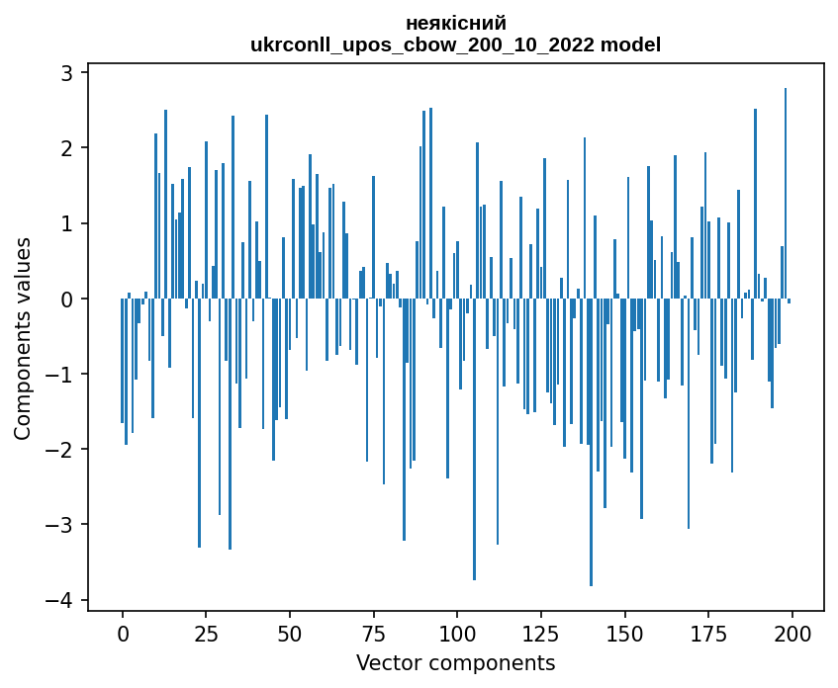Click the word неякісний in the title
click(x=456, y=24)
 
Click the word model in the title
click(x=630, y=44)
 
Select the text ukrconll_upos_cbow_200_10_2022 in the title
click(x=422, y=45)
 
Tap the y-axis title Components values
click(x=23, y=340)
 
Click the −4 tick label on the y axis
click(x=58, y=600)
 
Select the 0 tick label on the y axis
click(x=67, y=300)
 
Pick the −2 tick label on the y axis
click(x=58, y=450)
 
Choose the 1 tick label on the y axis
click(x=67, y=223)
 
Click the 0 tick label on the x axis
click(x=123, y=634)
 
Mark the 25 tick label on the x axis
click(x=207, y=634)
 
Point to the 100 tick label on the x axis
click(x=457, y=634)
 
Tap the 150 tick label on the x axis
click(x=624, y=634)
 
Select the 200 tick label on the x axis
click(x=792, y=634)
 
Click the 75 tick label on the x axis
click(x=374, y=634)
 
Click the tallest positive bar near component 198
click(x=786, y=194)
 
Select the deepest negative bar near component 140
click(x=591, y=442)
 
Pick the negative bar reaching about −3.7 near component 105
click(x=474, y=439)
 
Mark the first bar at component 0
click(x=123, y=361)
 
